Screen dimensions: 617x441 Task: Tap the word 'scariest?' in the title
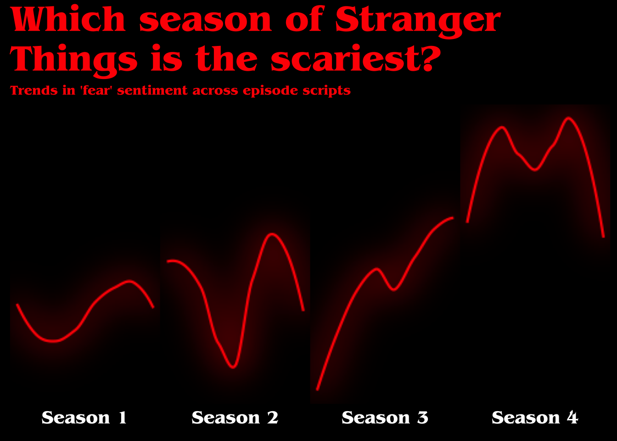[x=356, y=58]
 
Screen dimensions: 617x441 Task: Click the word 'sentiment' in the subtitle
[x=152, y=90]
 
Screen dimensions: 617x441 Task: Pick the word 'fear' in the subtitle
[x=96, y=90]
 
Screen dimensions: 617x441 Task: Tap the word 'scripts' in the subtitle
[x=326, y=91]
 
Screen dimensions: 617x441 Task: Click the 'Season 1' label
[x=84, y=418]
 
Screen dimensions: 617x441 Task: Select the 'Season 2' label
[x=235, y=418]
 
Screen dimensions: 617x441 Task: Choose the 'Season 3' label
[x=385, y=418]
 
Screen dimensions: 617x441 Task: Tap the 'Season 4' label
[x=535, y=418]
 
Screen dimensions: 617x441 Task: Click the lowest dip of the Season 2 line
[x=233, y=367]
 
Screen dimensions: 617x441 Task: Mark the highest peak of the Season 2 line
[x=272, y=234]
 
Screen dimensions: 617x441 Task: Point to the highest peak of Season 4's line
[x=569, y=118]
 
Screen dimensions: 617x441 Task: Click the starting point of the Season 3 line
[x=317, y=390]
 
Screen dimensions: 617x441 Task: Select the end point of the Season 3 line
[x=453, y=218]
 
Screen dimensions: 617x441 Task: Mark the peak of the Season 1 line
[x=129, y=281]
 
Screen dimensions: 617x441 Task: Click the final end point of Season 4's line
[x=604, y=237]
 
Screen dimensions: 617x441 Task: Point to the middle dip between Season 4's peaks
[x=535, y=170]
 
